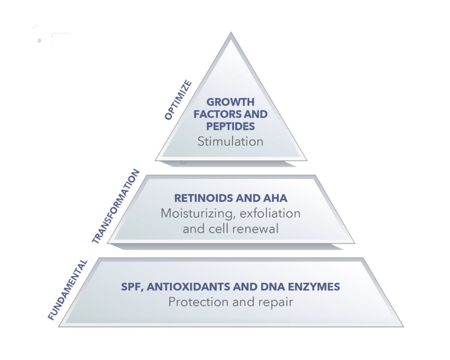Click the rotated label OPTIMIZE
177,100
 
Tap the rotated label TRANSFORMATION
116,206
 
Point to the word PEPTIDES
230,126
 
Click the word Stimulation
230,141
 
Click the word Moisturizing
192,213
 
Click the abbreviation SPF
131,286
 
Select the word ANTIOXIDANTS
188,286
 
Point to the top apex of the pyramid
231,34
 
